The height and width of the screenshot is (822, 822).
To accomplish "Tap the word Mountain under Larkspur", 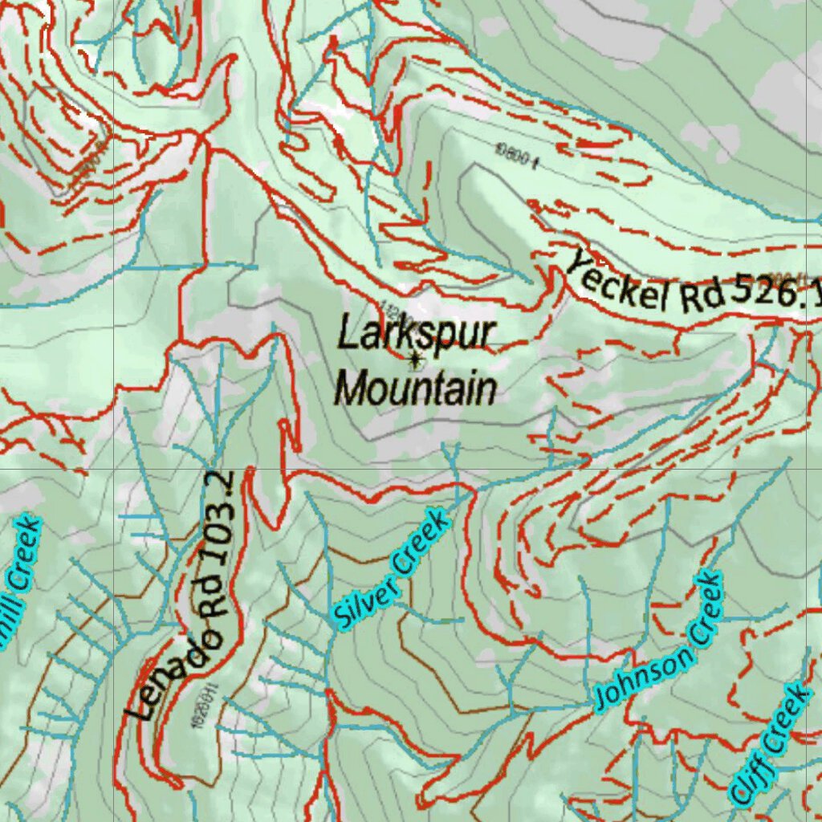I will coord(415,389).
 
